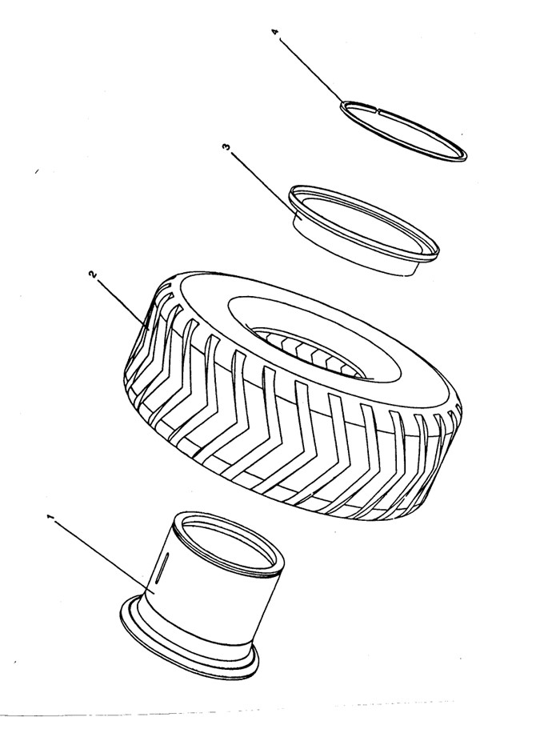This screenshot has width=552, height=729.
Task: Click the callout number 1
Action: click(51, 517)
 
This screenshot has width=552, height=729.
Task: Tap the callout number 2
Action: click(93, 274)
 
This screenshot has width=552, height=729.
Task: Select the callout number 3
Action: click(226, 147)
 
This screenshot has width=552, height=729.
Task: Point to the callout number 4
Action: click(275, 32)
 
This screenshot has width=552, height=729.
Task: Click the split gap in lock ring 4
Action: click(379, 110)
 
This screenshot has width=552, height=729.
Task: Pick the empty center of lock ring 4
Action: click(403, 130)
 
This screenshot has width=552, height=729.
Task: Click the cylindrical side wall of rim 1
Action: click(209, 599)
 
